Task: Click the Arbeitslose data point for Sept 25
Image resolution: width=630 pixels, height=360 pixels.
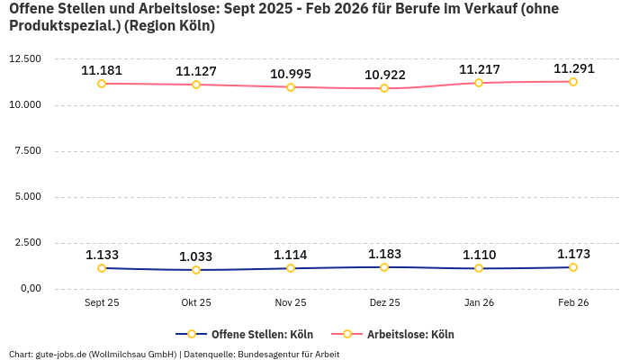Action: pos(102,84)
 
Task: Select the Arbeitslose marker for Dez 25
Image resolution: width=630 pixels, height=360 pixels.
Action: pos(384,88)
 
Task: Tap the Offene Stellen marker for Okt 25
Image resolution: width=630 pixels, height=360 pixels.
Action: pos(196,270)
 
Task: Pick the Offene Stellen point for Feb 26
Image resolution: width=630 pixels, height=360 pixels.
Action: pos(572,267)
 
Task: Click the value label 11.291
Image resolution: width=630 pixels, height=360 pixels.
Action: pos(572,68)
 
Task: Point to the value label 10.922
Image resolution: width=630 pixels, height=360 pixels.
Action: pos(384,75)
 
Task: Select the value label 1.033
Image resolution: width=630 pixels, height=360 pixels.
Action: pos(196,256)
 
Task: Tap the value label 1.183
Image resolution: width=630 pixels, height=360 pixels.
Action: pos(384,254)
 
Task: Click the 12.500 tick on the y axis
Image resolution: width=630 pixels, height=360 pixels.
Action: pos(24,58)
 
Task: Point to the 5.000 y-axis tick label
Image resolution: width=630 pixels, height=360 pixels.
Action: pos(27,197)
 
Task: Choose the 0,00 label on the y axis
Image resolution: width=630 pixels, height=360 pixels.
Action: pos(29,289)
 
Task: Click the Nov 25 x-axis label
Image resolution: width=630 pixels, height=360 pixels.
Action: pos(290,303)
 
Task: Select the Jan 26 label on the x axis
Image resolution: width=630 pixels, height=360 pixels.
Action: pos(478,303)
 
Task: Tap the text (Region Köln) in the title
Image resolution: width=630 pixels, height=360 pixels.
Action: pos(170,26)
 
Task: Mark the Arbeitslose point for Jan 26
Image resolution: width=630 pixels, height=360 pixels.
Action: pos(478,83)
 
